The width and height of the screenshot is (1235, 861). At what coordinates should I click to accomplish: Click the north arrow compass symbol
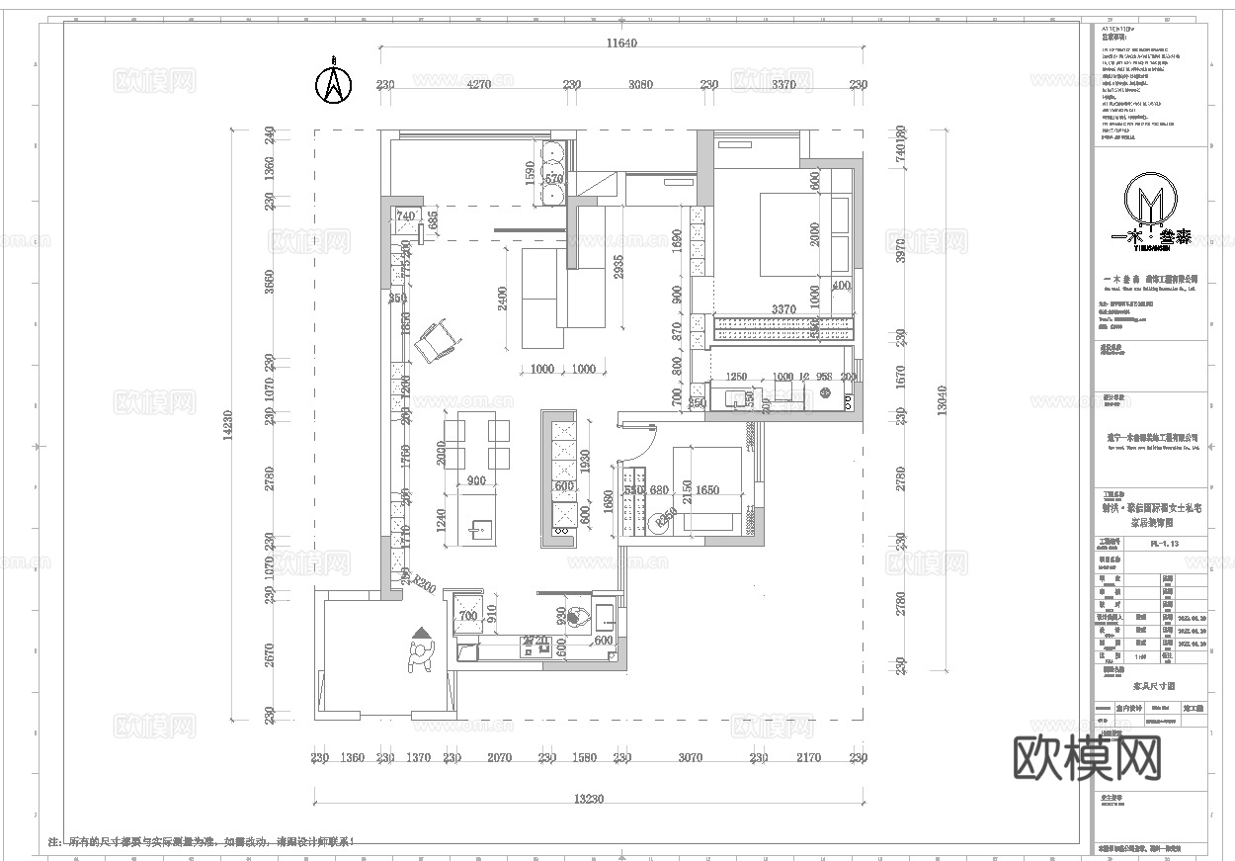pyautogui.click(x=333, y=83)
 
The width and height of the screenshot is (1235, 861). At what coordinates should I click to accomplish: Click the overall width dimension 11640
pyautogui.click(x=622, y=43)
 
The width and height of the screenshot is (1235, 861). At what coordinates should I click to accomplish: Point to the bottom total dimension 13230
pyautogui.click(x=590, y=799)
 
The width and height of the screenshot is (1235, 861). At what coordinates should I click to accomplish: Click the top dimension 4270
pyautogui.click(x=478, y=85)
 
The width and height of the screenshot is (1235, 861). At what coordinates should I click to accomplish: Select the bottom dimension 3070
pyautogui.click(x=690, y=758)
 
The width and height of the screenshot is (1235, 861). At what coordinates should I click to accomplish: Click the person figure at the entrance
pyautogui.click(x=422, y=655)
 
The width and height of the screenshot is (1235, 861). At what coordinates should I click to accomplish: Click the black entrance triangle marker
pyautogui.click(x=422, y=633)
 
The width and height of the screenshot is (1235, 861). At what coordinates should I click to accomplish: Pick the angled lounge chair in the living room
pyautogui.click(x=438, y=341)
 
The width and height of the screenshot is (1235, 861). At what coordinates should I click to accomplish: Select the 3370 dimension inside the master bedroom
pyautogui.click(x=783, y=309)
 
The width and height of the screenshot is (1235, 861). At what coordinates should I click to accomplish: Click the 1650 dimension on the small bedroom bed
pyautogui.click(x=707, y=490)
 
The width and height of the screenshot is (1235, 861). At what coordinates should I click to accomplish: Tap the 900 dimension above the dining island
pyautogui.click(x=476, y=481)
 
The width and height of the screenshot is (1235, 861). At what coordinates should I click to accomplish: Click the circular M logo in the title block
pyautogui.click(x=1151, y=203)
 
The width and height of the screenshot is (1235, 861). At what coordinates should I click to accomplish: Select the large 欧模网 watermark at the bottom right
pyautogui.click(x=1087, y=757)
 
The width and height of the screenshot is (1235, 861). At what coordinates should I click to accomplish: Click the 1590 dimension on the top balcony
pyautogui.click(x=530, y=174)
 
